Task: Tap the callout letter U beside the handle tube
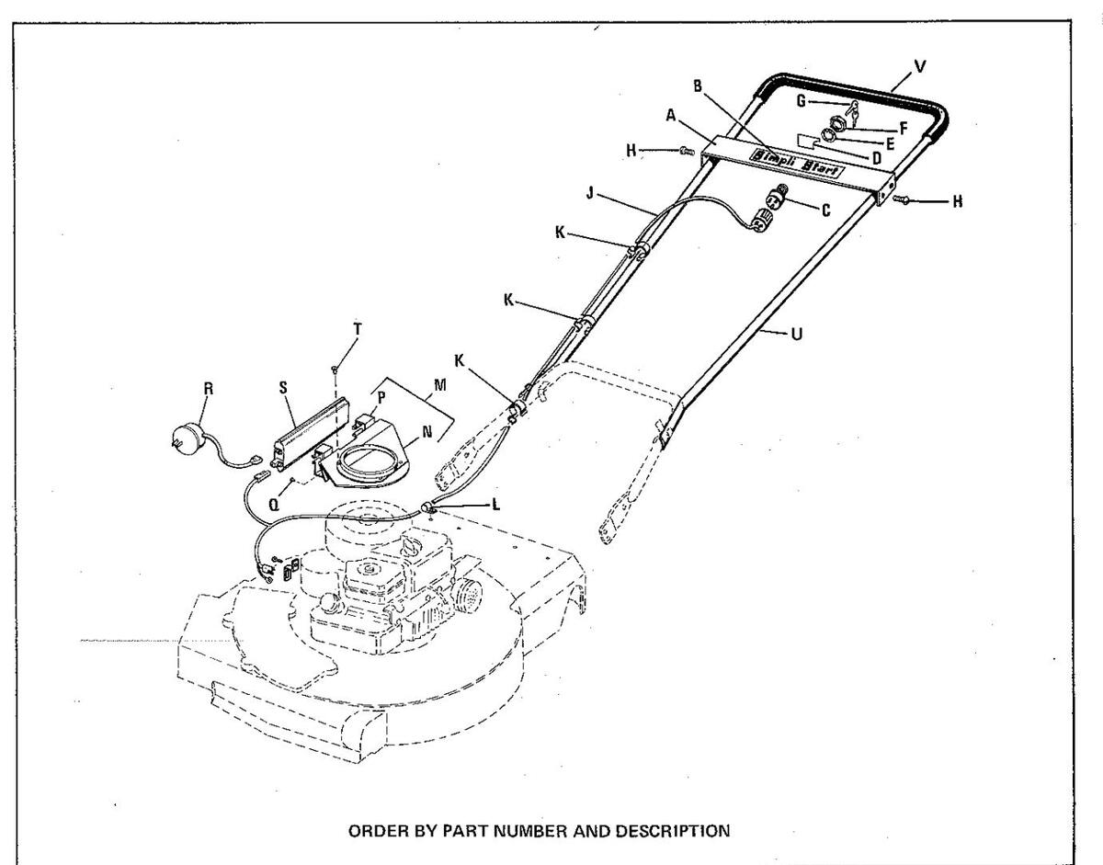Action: pyautogui.click(x=796, y=335)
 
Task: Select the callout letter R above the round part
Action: pyautogui.click(x=209, y=389)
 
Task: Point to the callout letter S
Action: pyautogui.click(x=284, y=388)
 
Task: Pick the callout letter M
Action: pyautogui.click(x=440, y=383)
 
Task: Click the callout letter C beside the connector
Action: pyautogui.click(x=825, y=211)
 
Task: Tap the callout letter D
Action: pyautogui.click(x=875, y=158)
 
